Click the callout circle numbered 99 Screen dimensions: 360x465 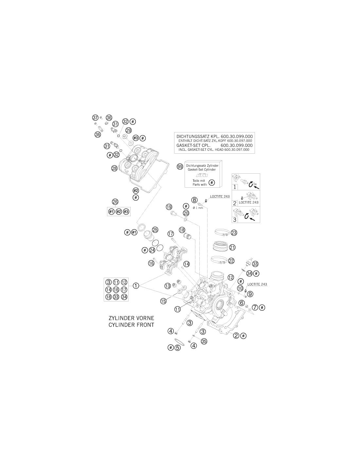[180, 167]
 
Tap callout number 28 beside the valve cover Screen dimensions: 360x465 [114, 168]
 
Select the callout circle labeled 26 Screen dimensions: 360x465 [115, 201]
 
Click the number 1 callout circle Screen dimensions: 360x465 [136, 285]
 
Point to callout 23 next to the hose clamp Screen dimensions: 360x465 [234, 232]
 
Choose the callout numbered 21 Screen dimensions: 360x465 [232, 247]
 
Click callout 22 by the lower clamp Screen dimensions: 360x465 [231, 261]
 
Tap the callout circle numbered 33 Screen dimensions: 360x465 [255, 264]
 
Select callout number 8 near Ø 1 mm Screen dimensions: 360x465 [194, 200]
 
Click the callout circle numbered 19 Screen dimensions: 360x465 [169, 207]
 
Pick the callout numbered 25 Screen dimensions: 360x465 [155, 230]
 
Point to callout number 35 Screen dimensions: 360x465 [204, 341]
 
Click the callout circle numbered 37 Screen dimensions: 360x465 [95, 117]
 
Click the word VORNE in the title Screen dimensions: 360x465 [143, 318]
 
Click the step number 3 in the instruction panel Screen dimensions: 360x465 [235, 219]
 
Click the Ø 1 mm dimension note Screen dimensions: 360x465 [198, 208]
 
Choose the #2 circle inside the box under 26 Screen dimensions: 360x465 [119, 212]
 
